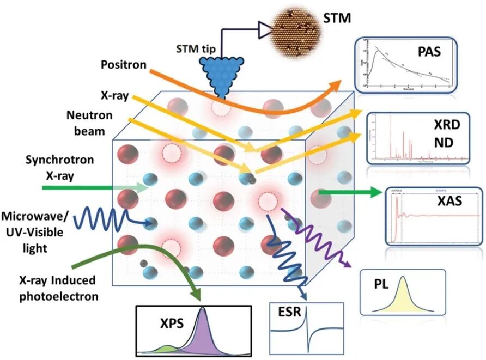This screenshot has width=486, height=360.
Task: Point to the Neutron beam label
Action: coord(89,123)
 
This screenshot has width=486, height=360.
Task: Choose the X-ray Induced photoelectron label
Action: coord(56,288)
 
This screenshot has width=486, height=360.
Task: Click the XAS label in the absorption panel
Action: coord(449,201)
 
